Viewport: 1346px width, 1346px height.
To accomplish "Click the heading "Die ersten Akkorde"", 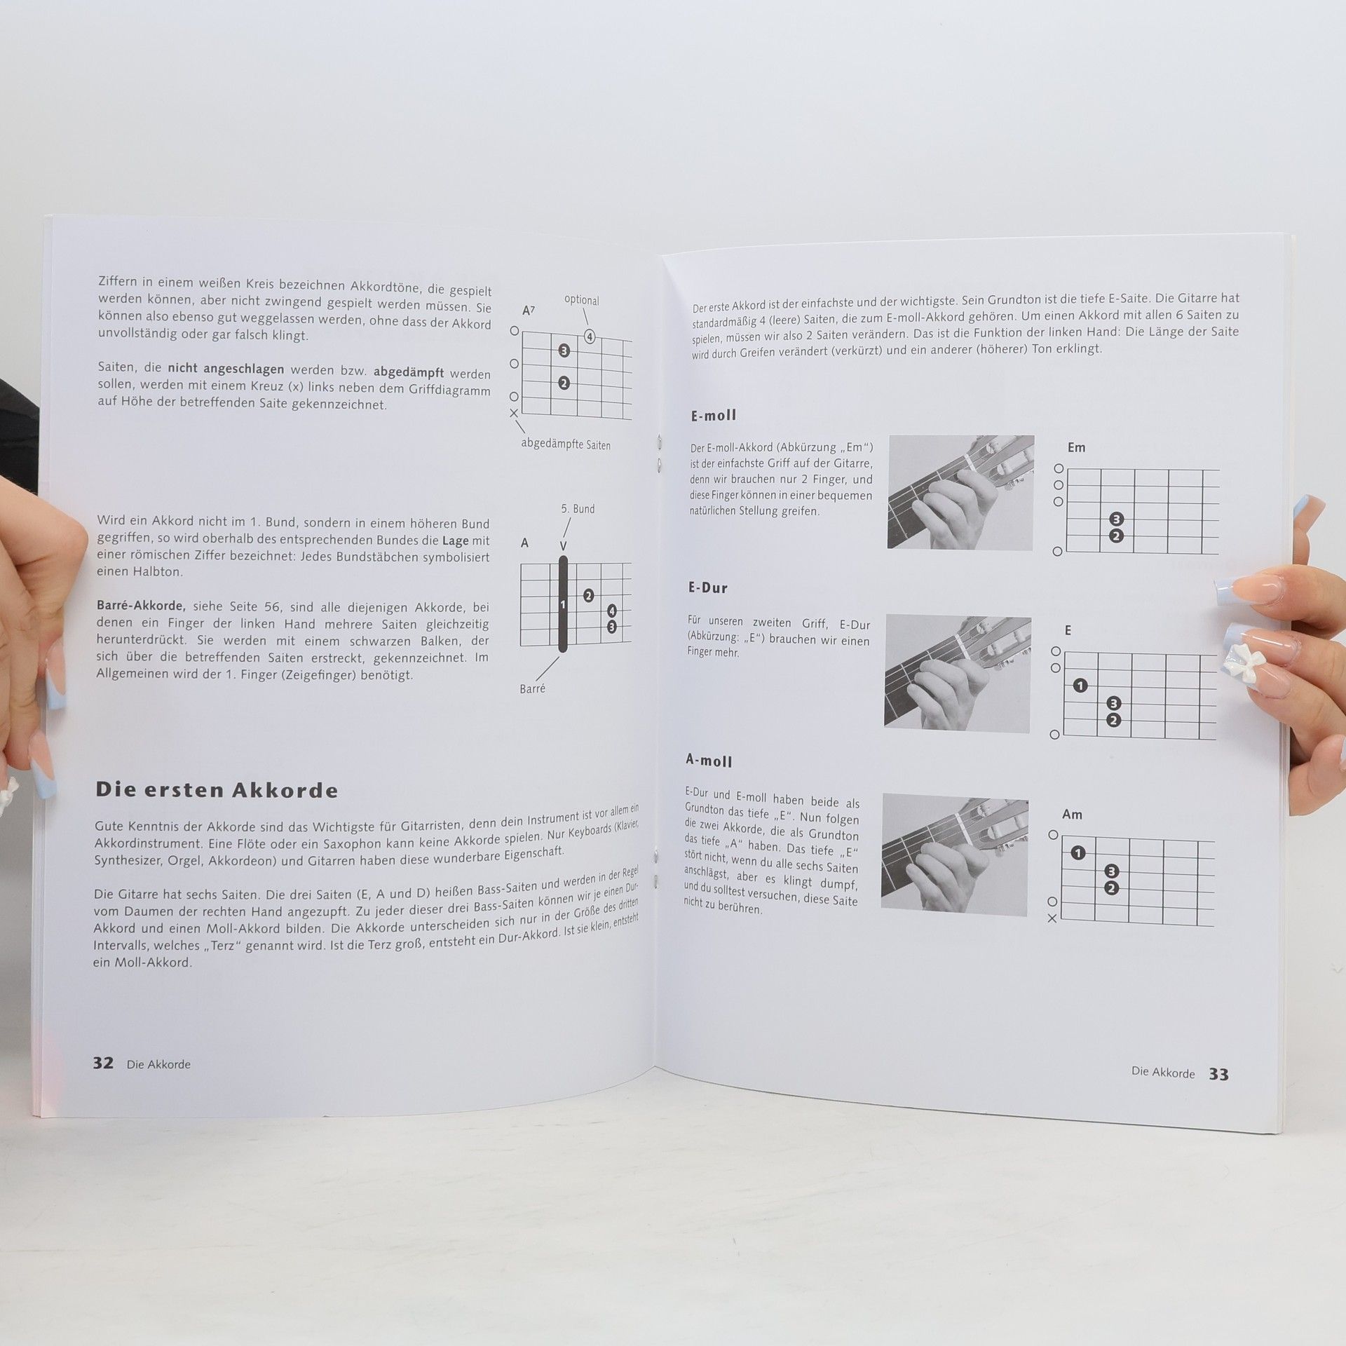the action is [217, 790].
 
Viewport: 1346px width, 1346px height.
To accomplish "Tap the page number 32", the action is [103, 1063].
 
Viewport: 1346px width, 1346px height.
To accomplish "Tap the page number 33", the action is [1218, 1074].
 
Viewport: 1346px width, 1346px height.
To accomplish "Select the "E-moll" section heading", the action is [714, 416].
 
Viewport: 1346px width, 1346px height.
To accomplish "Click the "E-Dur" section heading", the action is [708, 588].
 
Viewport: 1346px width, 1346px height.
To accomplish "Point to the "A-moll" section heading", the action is [709, 761].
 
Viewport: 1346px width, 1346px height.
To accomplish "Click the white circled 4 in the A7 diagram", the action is [590, 337].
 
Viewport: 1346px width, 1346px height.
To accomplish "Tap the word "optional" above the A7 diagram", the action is [582, 300].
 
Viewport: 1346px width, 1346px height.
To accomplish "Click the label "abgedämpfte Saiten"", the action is [566, 444].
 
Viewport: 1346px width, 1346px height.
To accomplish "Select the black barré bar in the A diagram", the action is [563, 604].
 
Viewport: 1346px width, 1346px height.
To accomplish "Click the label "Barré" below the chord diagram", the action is [533, 688].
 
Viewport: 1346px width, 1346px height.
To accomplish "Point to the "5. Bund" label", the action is [578, 509].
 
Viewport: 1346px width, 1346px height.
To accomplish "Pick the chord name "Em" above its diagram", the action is [1076, 447].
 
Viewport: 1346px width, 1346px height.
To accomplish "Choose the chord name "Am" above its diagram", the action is [1072, 815].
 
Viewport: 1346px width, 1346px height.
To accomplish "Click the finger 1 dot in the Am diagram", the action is [1078, 853].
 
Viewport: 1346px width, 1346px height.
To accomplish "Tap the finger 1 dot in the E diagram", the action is [1080, 686].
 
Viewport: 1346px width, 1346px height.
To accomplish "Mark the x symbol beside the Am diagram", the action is [1052, 918].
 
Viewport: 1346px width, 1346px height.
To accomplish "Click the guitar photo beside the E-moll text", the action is [960, 492].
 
